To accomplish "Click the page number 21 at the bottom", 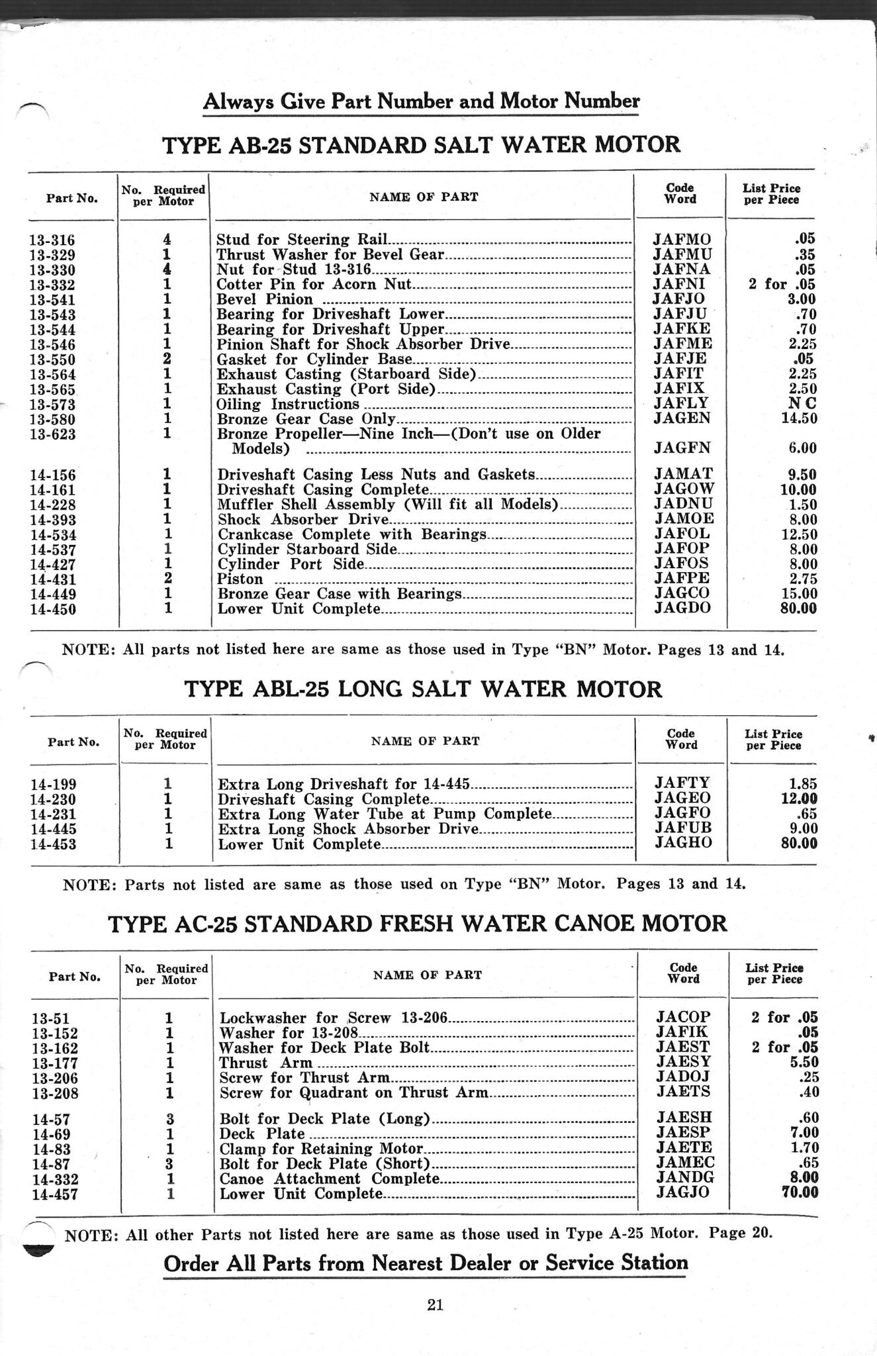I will click(x=435, y=1304).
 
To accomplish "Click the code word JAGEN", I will click(x=681, y=418).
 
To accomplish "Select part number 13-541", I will click(x=52, y=300).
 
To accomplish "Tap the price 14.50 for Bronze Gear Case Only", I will click(x=798, y=418).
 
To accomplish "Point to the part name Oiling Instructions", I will click(x=288, y=404).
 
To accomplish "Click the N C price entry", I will click(x=802, y=403).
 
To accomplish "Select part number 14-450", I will click(x=53, y=609).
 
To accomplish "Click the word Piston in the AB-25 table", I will click(x=240, y=579).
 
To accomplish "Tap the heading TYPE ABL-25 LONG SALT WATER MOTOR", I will click(x=422, y=689).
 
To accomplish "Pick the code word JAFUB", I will click(x=682, y=829).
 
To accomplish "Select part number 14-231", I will click(x=54, y=814).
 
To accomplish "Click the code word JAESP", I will click(x=683, y=1133).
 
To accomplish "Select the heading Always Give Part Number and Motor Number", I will click(x=421, y=101).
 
